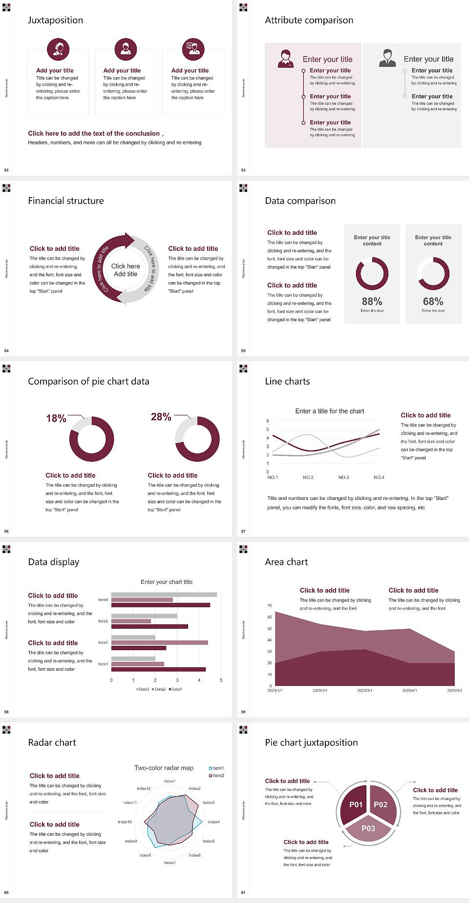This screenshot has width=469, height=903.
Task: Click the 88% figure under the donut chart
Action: [372, 302]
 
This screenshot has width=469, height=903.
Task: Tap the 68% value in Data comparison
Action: [433, 302]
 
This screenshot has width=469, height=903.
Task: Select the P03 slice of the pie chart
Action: [368, 828]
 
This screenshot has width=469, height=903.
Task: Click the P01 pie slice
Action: [356, 804]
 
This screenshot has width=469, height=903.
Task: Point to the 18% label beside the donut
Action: [56, 418]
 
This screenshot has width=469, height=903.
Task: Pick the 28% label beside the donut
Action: [161, 417]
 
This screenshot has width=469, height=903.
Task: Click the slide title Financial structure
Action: [66, 201]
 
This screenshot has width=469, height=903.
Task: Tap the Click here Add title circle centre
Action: [126, 270]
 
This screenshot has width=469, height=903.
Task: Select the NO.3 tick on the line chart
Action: [343, 477]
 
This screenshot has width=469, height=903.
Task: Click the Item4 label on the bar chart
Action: [103, 599]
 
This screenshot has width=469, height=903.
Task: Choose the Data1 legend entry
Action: [175, 689]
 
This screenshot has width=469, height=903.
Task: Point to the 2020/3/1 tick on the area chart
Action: [364, 691]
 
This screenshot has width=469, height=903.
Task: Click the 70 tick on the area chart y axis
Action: [270, 606]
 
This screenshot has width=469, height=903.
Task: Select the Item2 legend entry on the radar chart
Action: [216, 776]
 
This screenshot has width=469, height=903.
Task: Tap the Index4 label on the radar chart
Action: [213, 822]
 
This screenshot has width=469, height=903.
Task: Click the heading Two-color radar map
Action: [164, 768]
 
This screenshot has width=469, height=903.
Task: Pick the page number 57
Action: [243, 531]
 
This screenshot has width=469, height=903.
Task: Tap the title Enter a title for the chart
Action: [330, 411]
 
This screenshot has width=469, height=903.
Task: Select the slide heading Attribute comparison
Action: [309, 20]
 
